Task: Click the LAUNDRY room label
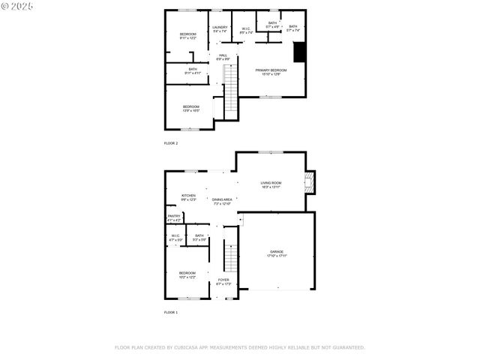(x=220, y=27)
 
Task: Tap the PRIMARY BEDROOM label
(x=271, y=70)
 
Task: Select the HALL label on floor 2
(x=223, y=55)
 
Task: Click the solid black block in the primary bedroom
(x=299, y=52)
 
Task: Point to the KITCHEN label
(x=188, y=196)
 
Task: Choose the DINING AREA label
(x=222, y=199)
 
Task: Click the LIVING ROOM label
(x=271, y=183)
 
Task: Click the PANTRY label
(x=174, y=216)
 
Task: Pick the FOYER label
(x=223, y=280)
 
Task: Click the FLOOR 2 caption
(x=171, y=142)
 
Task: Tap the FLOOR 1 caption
(x=171, y=312)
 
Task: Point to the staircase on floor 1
(x=231, y=259)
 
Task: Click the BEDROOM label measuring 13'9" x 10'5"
(x=191, y=106)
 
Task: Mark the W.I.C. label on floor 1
(x=175, y=235)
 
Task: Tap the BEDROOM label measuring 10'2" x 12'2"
(x=187, y=273)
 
